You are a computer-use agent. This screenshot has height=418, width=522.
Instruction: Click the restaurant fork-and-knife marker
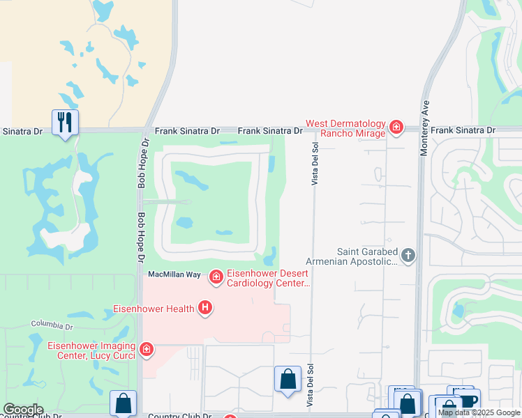coord(65,122)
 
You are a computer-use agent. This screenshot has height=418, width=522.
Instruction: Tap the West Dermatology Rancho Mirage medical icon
coord(396,127)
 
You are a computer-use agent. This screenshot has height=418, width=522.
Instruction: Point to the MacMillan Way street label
coord(174,275)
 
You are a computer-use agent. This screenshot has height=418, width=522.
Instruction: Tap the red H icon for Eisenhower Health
coord(204,307)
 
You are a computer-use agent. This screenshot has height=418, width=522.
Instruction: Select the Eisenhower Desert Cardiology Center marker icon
coord(216,277)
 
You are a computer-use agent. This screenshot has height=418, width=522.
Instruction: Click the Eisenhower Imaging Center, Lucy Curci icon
coord(146,349)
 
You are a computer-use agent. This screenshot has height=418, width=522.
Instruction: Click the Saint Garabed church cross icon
coord(408,256)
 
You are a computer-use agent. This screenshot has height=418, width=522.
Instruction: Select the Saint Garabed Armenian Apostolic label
coord(366,256)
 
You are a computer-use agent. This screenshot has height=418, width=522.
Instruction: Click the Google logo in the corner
coord(23,410)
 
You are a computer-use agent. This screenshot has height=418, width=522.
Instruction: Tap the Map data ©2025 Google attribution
coord(479,412)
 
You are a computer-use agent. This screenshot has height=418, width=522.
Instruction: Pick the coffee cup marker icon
coord(468,401)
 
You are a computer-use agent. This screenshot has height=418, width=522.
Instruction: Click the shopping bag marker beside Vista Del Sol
coord(288,379)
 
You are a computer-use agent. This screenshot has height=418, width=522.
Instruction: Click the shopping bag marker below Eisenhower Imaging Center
coord(123,403)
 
